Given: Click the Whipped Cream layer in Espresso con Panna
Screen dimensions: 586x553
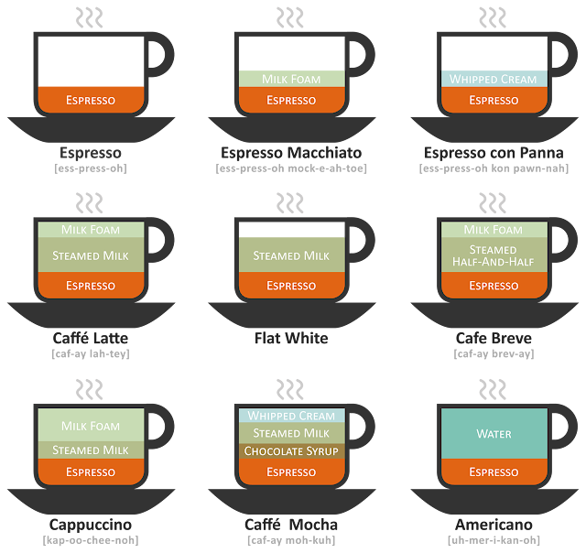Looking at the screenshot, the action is point(493,79).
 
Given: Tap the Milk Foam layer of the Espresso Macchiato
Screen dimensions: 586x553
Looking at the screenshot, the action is point(291,79).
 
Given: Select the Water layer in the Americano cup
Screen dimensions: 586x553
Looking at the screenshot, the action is point(493,434).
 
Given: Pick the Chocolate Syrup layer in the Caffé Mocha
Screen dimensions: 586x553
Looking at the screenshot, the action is point(291,451).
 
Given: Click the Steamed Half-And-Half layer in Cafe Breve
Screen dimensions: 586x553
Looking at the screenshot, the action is point(493,255).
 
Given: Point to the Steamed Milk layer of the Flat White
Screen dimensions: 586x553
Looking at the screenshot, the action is point(291,255).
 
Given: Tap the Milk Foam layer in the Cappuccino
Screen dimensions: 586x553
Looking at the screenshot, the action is point(91,426).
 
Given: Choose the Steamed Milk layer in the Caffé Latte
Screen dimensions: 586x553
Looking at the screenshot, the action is point(91,255).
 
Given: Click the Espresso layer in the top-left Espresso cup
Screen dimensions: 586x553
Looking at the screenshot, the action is point(91,99).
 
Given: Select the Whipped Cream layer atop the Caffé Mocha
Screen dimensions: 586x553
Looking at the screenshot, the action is point(291,416).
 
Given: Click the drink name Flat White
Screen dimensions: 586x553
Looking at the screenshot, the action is point(291,339).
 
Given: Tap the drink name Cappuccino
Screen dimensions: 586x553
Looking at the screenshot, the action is point(91,525).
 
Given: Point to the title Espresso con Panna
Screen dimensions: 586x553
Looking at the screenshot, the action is point(494,152).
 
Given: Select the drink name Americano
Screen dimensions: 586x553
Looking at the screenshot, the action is point(494,525).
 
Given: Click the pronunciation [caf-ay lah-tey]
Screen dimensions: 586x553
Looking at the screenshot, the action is point(91,353).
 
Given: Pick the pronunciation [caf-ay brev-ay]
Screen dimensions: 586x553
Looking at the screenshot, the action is point(494,353).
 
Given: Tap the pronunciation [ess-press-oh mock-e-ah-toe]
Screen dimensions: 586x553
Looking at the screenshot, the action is point(291,168).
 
